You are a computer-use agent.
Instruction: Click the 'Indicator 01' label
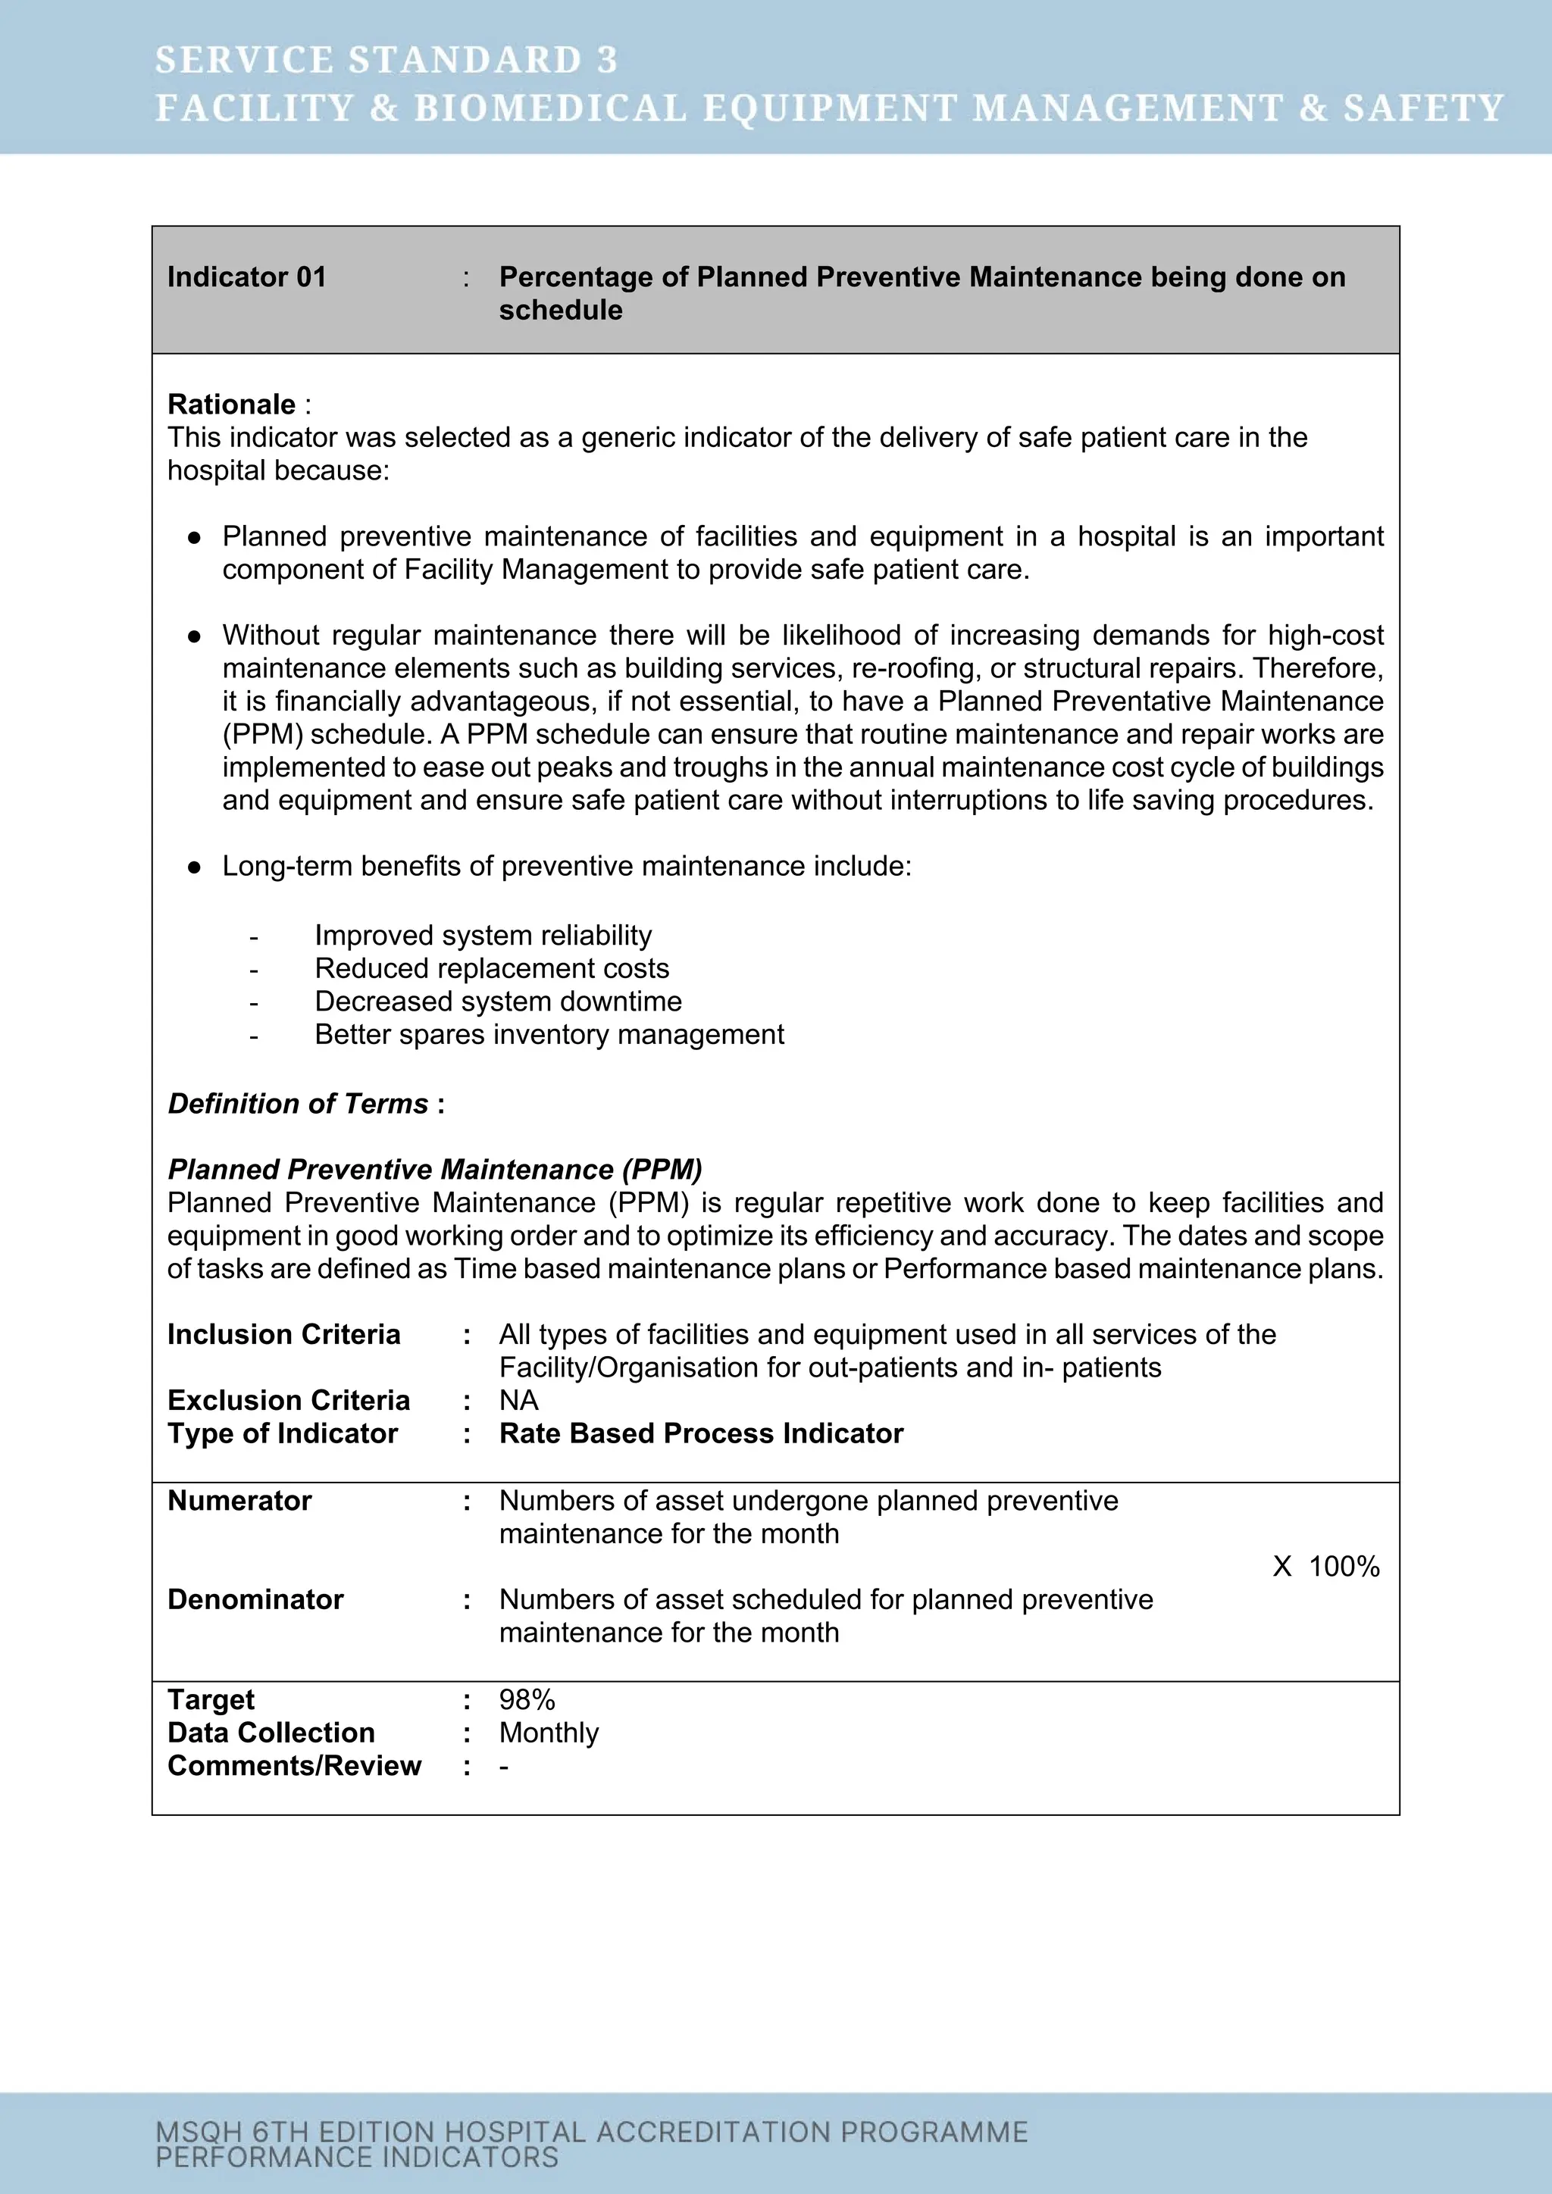click(x=246, y=277)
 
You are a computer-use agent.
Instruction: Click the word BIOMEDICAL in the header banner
click(x=549, y=108)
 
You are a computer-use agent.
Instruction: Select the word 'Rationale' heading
click(x=231, y=405)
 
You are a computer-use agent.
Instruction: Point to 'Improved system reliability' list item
click(x=483, y=935)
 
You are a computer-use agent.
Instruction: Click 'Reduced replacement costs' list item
click(x=491, y=968)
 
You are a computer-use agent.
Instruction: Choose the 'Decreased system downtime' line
click(x=498, y=1002)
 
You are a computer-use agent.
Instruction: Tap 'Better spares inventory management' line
click(x=549, y=1034)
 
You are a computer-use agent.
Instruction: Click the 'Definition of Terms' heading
click(x=297, y=1104)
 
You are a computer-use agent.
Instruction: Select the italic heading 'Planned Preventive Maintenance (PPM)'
click(x=435, y=1170)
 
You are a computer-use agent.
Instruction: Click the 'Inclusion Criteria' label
click(x=284, y=1334)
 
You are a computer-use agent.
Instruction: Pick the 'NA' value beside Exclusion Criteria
click(x=518, y=1400)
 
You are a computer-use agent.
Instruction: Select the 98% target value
click(x=527, y=1700)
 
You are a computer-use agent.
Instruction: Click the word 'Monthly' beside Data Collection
click(x=549, y=1733)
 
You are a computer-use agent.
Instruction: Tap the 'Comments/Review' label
click(x=293, y=1766)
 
